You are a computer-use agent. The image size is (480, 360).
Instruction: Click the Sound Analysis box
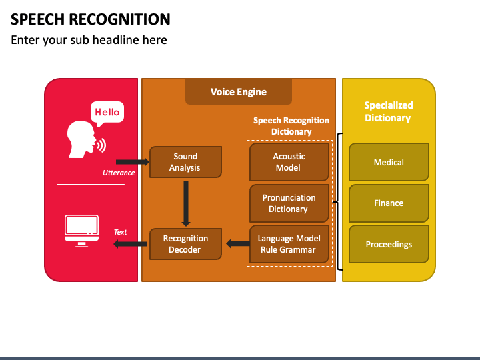coord(185,162)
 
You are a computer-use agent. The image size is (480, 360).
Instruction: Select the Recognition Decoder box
coord(185,244)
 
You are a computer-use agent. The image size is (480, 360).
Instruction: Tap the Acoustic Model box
coord(289,162)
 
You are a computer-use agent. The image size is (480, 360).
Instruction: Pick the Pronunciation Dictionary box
coord(289,203)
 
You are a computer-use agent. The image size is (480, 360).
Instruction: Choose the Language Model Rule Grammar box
coord(289,244)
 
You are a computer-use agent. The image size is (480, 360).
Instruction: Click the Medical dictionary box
coord(389,162)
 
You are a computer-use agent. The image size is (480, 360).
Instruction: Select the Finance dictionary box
coord(389,203)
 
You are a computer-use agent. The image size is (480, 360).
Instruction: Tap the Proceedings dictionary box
coord(389,244)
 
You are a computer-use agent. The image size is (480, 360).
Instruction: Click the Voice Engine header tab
coord(239,92)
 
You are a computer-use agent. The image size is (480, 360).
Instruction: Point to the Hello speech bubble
coord(107,113)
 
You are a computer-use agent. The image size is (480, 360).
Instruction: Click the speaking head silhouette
coord(81,139)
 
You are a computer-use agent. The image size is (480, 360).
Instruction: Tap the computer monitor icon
coord(82,231)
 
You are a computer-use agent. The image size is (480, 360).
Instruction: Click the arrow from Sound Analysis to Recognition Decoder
coord(186,204)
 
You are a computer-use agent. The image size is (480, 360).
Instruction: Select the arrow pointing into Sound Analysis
coord(133,162)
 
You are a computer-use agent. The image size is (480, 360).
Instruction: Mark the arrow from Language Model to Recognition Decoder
coord(238,244)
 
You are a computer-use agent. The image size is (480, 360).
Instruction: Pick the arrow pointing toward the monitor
coord(130,244)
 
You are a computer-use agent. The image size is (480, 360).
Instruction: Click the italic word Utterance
coord(119,173)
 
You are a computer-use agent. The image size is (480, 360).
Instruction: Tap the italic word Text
coord(120,232)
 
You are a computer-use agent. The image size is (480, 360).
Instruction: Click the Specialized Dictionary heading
coord(388,112)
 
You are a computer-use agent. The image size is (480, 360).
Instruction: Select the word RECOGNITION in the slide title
coord(120,19)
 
